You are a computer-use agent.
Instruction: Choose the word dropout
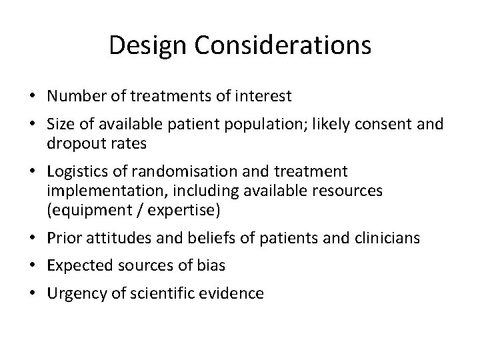click(x=73, y=144)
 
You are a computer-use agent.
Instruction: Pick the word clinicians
click(x=390, y=239)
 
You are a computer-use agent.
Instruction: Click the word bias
click(x=212, y=266)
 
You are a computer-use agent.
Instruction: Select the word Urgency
click(x=73, y=294)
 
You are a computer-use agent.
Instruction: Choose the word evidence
click(x=235, y=293)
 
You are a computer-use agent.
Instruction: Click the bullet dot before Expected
click(x=33, y=266)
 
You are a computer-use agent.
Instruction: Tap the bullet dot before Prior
click(x=33, y=239)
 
